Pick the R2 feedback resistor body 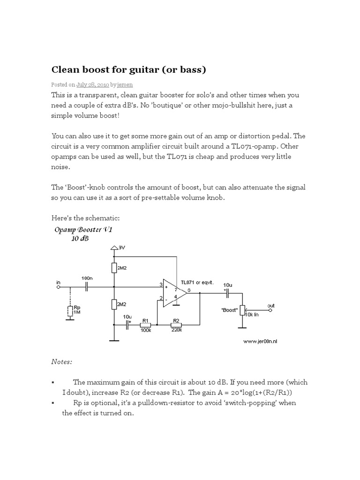coord(177,324)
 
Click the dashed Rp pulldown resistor coord(69,311)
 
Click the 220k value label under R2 coord(177,330)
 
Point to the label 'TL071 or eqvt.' coord(197,282)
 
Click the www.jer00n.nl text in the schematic coord(261,342)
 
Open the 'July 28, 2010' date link coord(92,85)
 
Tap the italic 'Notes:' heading coord(62,362)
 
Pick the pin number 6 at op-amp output coord(188,291)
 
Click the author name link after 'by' coord(125,85)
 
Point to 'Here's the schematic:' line coord(87,218)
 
